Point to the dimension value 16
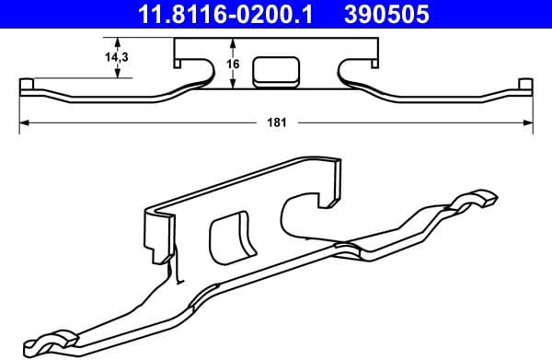click(x=233, y=64)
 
